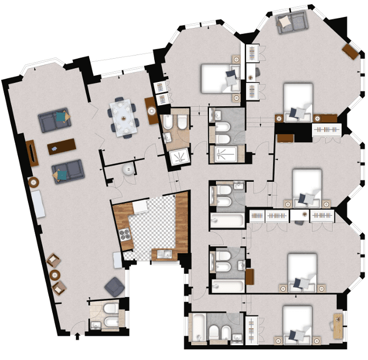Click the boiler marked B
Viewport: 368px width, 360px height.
point(129,170)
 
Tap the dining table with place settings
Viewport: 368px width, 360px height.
point(124,118)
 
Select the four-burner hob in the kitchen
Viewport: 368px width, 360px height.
point(125,234)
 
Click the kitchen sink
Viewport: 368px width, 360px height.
point(165,254)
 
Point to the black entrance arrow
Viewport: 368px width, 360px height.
point(77,336)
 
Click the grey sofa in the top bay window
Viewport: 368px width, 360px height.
point(291,22)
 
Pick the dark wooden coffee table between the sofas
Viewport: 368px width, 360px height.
point(62,146)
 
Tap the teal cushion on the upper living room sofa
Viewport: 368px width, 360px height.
point(61,117)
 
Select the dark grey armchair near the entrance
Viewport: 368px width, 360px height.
point(115,287)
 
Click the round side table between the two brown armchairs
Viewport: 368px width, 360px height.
point(55,274)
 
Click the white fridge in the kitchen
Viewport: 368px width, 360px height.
point(140,207)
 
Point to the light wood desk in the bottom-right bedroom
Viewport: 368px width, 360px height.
point(338,326)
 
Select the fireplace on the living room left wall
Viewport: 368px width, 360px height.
point(32,153)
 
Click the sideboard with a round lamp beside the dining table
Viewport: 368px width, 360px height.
point(152,110)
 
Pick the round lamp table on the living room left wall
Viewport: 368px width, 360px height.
point(34,182)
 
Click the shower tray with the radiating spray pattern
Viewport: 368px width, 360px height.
point(180,156)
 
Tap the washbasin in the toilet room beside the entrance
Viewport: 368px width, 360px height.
point(96,325)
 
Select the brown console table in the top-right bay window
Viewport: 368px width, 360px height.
point(350,51)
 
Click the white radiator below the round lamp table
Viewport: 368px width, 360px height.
point(38,204)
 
